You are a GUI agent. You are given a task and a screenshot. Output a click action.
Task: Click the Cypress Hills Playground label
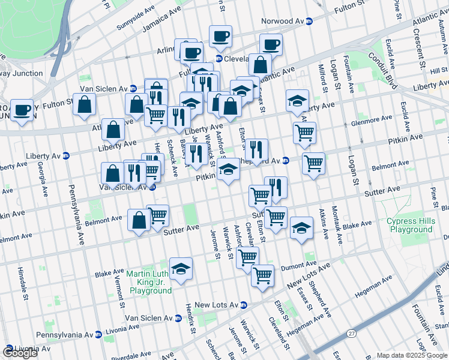411,225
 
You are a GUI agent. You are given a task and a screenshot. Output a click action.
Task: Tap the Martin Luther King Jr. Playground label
149,283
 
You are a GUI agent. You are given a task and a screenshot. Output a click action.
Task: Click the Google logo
20,353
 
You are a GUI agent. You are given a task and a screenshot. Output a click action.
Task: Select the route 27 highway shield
351,333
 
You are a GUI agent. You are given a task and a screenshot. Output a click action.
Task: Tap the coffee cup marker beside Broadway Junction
22,111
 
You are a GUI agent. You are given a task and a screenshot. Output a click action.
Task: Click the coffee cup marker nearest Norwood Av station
271,45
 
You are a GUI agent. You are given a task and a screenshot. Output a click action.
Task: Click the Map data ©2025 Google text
411,355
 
